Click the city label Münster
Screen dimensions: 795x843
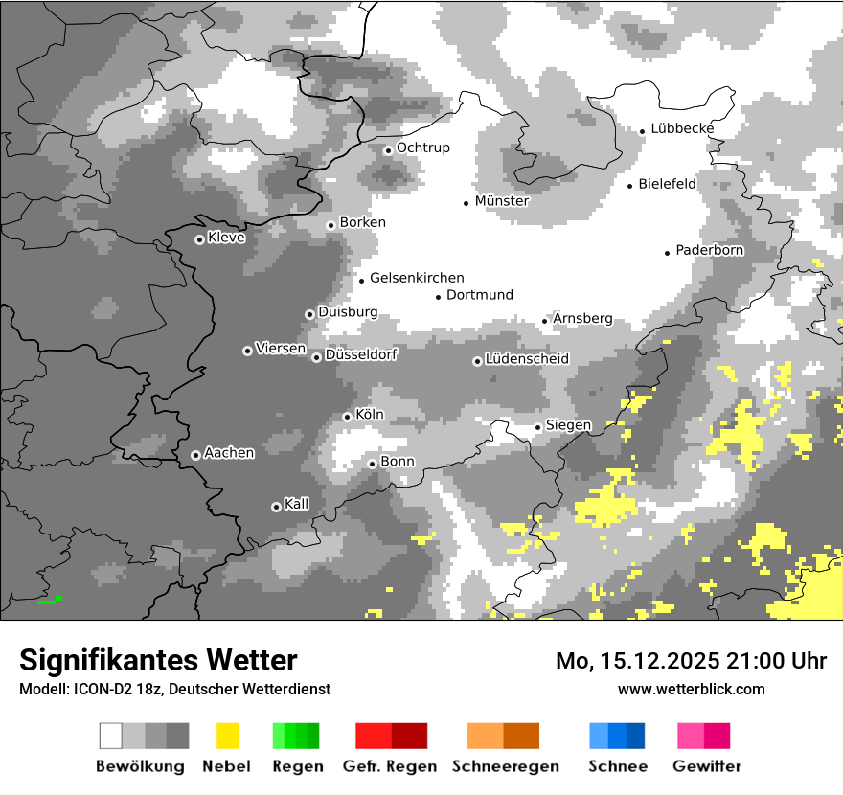tap(502, 201)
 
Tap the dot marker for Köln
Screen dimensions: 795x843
tap(347, 417)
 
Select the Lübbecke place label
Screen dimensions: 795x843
tap(682, 128)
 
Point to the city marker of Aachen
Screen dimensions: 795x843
tap(195, 455)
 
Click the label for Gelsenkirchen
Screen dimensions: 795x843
tap(417, 278)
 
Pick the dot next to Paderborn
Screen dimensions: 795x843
tap(667, 253)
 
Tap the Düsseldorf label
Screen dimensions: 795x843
tap(361, 354)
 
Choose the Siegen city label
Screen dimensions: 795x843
tap(569, 425)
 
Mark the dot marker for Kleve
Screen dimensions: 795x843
tap(199, 239)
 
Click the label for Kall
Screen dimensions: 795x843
tap(297, 504)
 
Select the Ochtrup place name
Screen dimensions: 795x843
tap(423, 148)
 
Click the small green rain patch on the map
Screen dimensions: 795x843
tap(50, 601)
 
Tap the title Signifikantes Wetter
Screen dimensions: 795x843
tap(158, 660)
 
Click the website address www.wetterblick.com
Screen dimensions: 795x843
tap(692, 689)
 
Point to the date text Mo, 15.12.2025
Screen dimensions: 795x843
tap(639, 661)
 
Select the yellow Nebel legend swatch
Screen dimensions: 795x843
tap(227, 736)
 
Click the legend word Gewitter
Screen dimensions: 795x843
tap(707, 766)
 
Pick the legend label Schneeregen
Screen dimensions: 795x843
tap(505, 766)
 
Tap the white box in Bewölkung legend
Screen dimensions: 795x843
tap(111, 736)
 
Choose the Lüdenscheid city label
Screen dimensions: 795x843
tap(527, 359)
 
